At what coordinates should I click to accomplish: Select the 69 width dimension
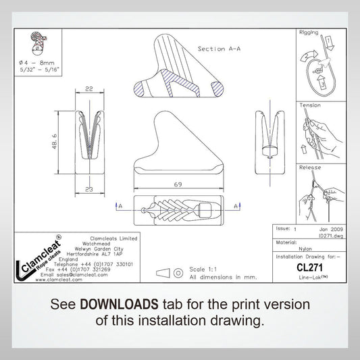pyautogui.click(x=178, y=184)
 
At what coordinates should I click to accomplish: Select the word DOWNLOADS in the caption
pyautogui.click(x=118, y=303)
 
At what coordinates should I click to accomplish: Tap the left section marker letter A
pyautogui.click(x=120, y=204)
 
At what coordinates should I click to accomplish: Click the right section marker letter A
pyautogui.click(x=236, y=204)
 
